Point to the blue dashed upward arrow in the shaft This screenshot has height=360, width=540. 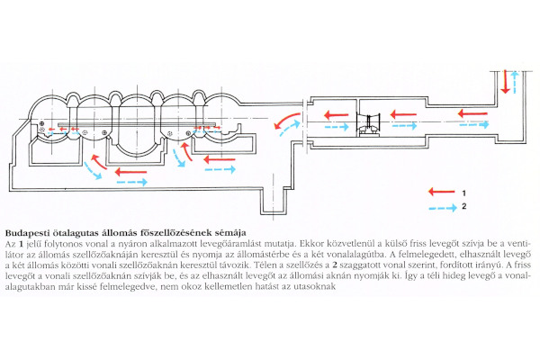(515, 81)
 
